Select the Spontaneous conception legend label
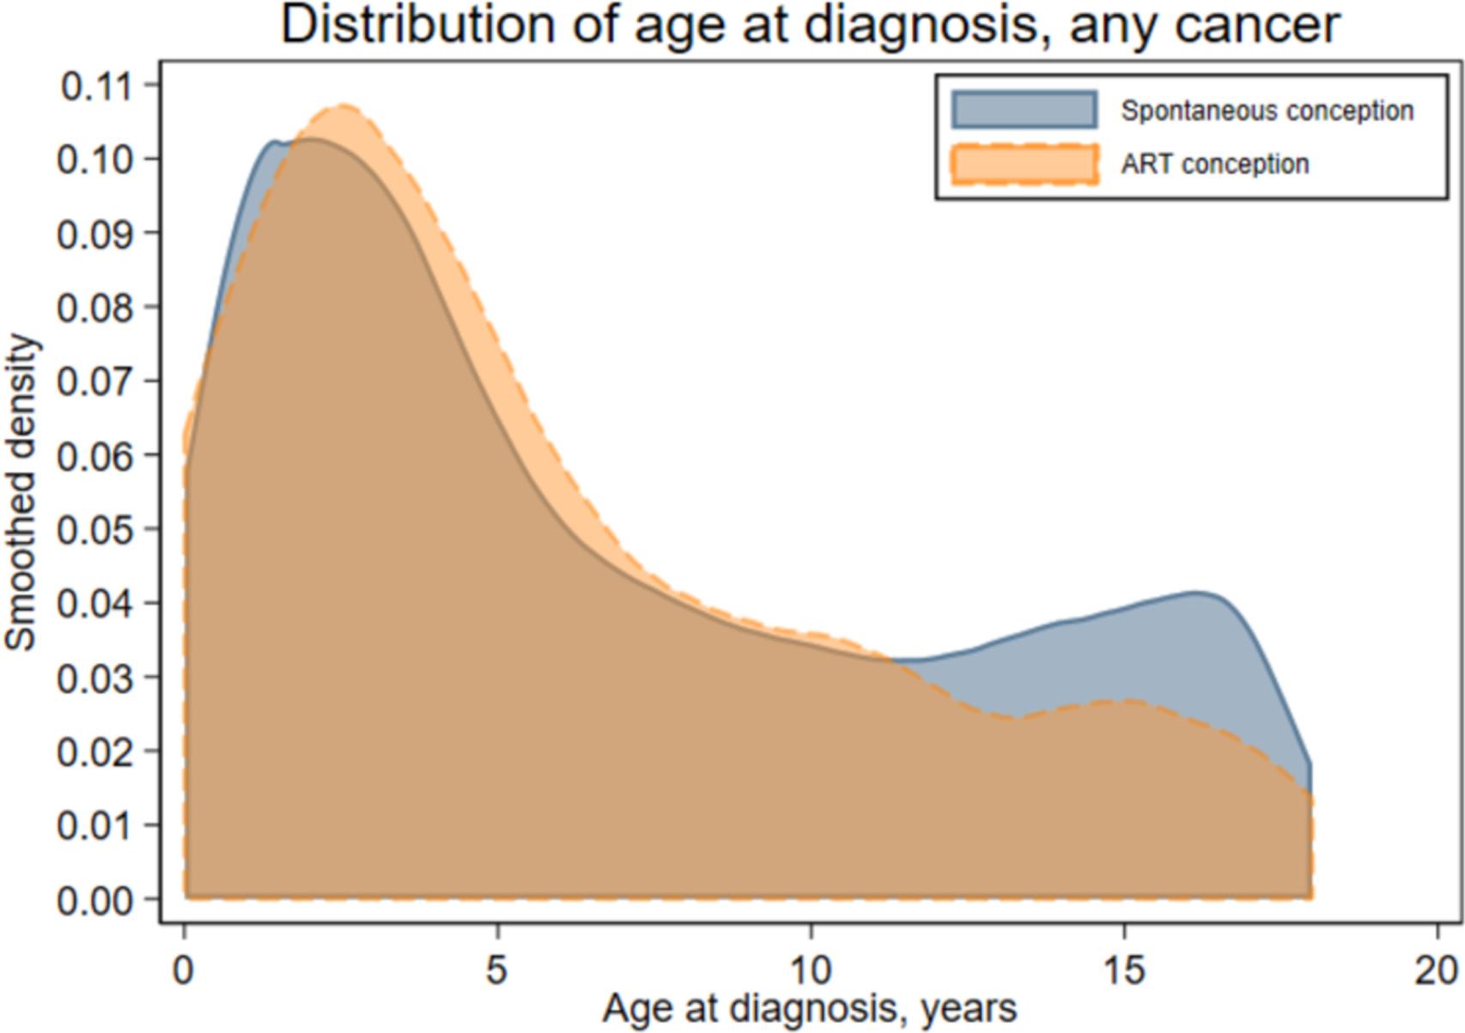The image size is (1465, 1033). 1267,111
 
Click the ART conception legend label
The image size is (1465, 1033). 1214,164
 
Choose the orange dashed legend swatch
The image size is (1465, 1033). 1024,164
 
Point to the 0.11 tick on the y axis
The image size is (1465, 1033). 96,86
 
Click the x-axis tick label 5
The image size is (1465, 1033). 497,971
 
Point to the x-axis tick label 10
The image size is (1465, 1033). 811,971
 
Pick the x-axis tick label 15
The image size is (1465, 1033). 1123,971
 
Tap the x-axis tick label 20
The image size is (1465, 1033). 1437,971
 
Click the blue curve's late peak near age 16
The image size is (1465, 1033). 1195,592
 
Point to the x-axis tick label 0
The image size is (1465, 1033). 184,971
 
